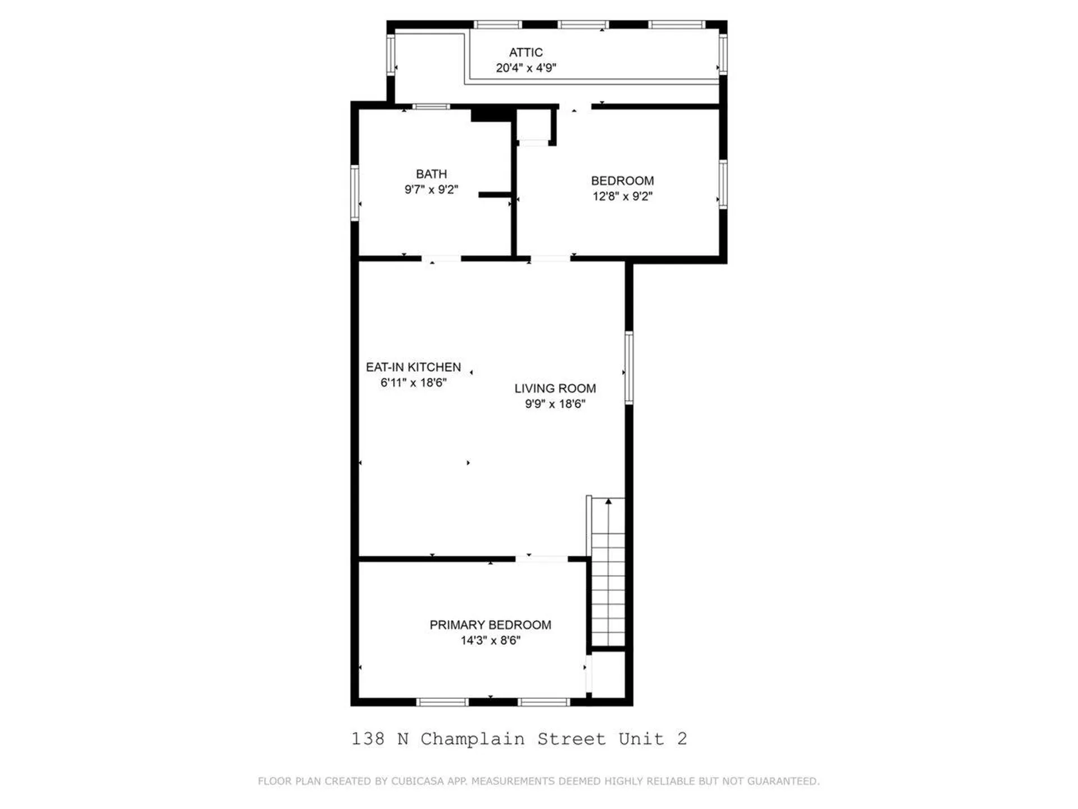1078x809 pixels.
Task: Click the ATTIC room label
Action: click(x=526, y=52)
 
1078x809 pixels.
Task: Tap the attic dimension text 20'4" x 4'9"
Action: click(x=526, y=68)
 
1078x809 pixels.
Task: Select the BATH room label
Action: click(x=431, y=174)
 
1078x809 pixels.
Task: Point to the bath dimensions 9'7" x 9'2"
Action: click(x=431, y=190)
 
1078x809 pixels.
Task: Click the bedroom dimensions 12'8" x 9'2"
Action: click(x=622, y=196)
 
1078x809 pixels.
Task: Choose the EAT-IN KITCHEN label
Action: click(x=413, y=367)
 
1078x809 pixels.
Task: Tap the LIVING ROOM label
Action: click(x=555, y=388)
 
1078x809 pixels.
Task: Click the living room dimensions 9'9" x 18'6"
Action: click(x=555, y=404)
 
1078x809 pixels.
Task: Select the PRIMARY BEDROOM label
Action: click(x=490, y=625)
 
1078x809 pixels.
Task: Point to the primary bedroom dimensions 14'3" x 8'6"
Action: click(x=490, y=640)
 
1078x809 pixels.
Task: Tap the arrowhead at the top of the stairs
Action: click(x=608, y=501)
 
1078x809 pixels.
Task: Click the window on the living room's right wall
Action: click(x=629, y=368)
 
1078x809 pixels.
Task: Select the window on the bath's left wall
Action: click(x=354, y=193)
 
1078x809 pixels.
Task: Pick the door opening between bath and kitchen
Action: click(x=441, y=258)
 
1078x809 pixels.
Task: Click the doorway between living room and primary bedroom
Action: click(x=541, y=558)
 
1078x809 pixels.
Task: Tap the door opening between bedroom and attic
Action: click(x=574, y=106)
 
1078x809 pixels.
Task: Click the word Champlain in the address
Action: click(x=472, y=739)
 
